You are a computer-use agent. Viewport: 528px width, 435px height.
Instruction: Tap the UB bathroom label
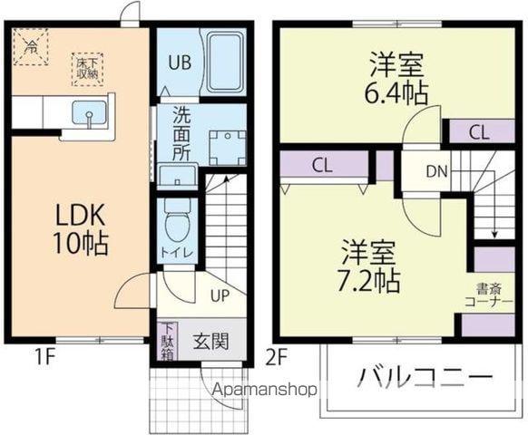coord(178,63)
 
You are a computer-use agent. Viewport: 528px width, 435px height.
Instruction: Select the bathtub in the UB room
coord(222,62)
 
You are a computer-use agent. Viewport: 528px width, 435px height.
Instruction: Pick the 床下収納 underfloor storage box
coord(87,69)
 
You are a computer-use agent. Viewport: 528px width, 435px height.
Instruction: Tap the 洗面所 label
coord(181,135)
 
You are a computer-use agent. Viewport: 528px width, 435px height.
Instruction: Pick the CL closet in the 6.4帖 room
coord(479,132)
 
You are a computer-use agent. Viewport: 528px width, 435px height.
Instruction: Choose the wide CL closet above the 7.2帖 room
coord(322,165)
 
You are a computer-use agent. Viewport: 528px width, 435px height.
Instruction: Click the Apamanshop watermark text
coord(264,391)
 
